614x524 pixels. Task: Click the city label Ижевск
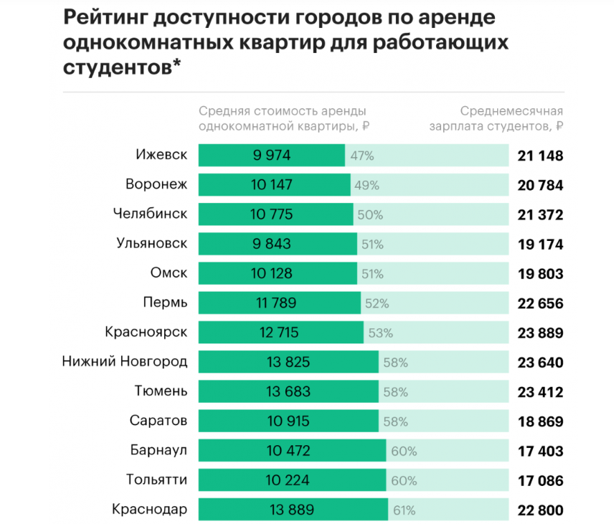tap(161, 156)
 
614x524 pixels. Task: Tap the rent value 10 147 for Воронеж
tap(271, 185)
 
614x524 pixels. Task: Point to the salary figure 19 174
tap(540, 244)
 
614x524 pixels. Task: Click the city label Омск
tap(169, 274)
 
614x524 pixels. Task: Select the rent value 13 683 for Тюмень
tap(288, 392)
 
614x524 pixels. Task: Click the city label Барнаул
tap(159, 451)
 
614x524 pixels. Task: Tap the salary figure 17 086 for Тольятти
tap(540, 481)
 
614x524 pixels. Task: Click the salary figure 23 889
tap(540, 333)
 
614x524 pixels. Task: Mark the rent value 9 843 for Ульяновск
tap(271, 244)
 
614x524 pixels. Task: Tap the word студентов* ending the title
tap(122, 67)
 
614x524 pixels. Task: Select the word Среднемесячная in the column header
tap(511, 111)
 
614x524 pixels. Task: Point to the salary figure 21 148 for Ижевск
tap(540, 156)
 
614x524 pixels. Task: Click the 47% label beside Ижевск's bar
tap(358, 156)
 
